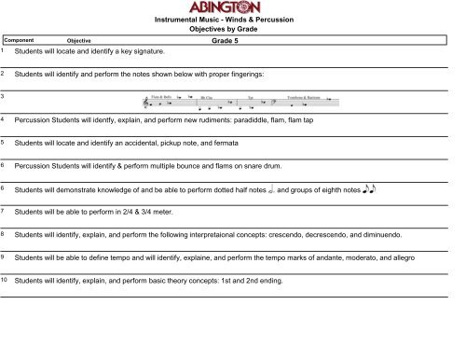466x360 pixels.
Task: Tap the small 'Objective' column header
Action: [79, 41]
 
